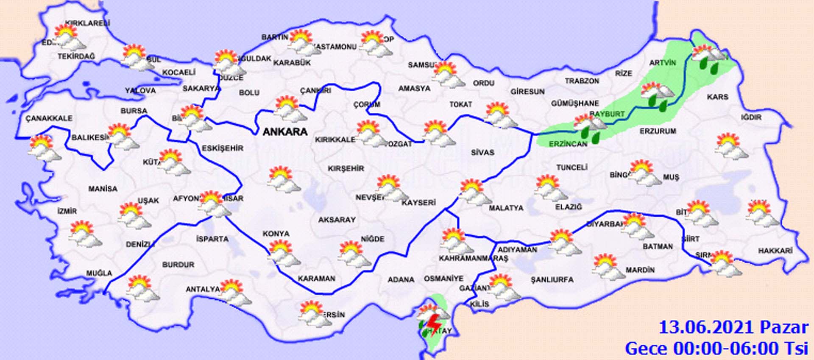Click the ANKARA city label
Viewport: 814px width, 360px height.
click(285, 132)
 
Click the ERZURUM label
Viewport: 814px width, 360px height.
click(658, 131)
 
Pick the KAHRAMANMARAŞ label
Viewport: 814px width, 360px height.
click(473, 258)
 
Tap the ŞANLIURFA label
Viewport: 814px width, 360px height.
click(552, 280)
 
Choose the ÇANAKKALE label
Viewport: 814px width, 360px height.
click(49, 118)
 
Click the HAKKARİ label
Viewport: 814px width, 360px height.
click(775, 251)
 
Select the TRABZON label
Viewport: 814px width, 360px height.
click(582, 81)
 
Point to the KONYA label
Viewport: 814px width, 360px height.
click(276, 234)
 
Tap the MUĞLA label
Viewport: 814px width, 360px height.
click(99, 273)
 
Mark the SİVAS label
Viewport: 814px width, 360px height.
click(482, 152)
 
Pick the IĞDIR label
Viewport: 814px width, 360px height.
click(751, 117)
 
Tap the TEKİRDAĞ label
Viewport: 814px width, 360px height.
click(76, 56)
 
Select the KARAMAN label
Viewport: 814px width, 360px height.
click(316, 279)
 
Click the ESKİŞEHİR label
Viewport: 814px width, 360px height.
click(223, 148)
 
